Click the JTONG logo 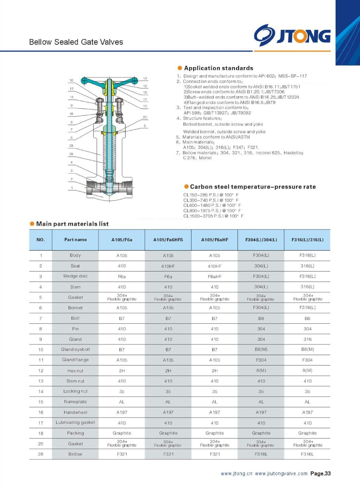292,35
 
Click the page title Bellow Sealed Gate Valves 76,42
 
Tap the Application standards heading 218,68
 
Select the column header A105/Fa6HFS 168,240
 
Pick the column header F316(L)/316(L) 307,240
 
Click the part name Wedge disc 75,276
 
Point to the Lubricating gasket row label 75,422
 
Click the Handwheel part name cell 75,412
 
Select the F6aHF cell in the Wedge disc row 214,277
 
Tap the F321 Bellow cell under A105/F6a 122,454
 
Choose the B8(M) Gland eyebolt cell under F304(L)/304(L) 261,350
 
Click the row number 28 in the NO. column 41,454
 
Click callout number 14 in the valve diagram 145,78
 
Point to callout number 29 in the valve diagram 71,145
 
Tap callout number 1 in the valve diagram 72,188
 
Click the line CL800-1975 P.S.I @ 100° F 212,211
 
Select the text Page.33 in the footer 320,474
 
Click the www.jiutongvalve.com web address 281,474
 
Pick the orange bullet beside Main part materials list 32,224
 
